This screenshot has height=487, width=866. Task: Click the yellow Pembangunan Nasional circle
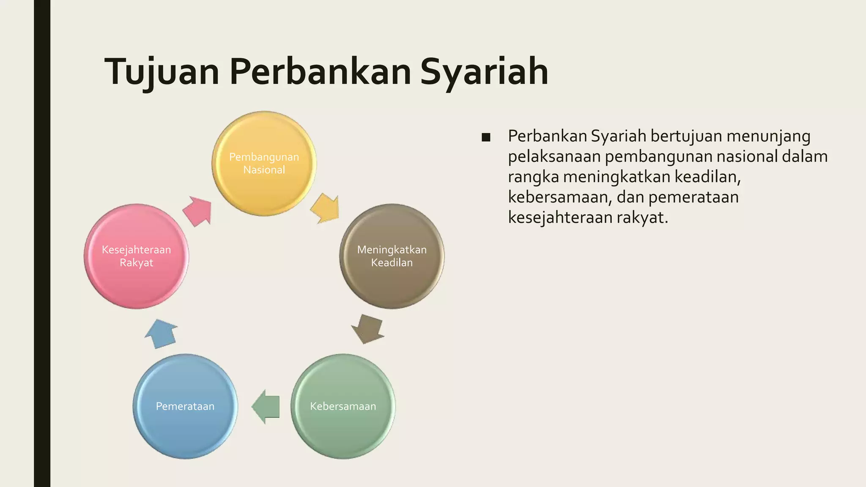[264, 164]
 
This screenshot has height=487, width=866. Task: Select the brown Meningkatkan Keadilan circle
[392, 256]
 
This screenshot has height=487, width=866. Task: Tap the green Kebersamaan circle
[343, 406]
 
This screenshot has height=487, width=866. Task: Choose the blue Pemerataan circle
[185, 406]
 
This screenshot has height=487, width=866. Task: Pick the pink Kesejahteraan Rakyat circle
[136, 256]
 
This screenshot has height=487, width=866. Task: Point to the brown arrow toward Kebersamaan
[367, 328]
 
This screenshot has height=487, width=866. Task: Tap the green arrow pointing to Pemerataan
[266, 407]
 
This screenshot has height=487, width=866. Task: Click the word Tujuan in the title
[162, 72]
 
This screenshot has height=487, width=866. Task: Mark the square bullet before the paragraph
[486, 137]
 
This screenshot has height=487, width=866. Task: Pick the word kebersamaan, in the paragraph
[560, 197]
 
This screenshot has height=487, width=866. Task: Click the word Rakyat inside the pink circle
[136, 263]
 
